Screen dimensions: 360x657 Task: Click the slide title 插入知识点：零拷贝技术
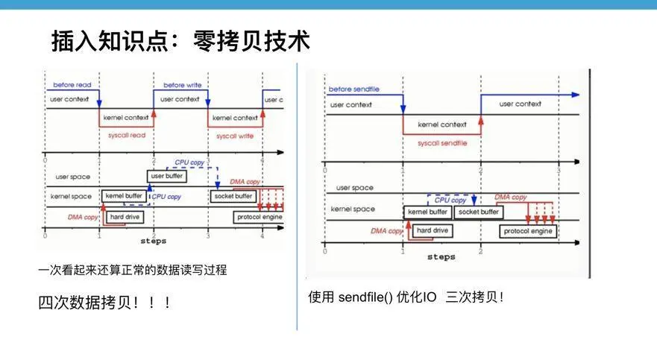pos(180,41)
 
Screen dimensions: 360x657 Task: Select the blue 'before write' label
pos(183,85)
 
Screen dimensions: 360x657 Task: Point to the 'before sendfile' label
pos(353,89)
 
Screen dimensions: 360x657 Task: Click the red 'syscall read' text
pos(125,136)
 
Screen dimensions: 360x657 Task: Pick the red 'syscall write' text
pos(235,136)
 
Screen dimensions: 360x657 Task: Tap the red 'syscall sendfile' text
pos(442,143)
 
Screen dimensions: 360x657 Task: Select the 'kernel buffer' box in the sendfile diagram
pos(427,212)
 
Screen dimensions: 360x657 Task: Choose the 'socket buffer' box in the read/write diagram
pos(233,196)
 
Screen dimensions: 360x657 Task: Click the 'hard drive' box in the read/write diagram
pos(125,217)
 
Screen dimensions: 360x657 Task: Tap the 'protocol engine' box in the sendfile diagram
pos(527,231)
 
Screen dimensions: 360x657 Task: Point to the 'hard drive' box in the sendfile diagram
pos(432,231)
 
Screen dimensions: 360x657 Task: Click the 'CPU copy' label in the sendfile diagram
pos(450,200)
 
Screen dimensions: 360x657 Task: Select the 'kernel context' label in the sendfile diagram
pos(442,124)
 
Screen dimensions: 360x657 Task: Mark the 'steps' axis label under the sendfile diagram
pos(441,257)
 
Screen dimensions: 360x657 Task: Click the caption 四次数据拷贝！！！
pos(106,303)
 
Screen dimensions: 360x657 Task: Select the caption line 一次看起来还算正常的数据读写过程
pos(132,271)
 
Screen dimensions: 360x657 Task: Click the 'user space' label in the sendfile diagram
pos(354,188)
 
